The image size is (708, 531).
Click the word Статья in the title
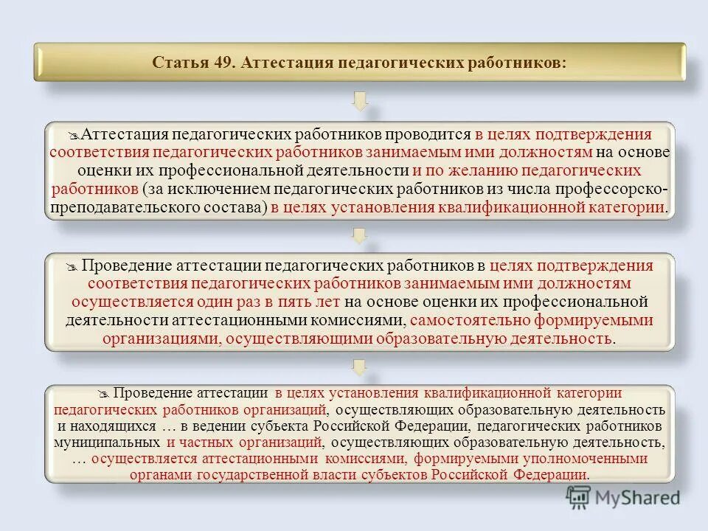178,63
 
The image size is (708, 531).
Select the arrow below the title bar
360,101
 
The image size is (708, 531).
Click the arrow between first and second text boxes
360,235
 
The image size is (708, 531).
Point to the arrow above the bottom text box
360,366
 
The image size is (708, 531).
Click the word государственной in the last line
251,474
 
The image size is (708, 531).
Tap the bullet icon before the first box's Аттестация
72,136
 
